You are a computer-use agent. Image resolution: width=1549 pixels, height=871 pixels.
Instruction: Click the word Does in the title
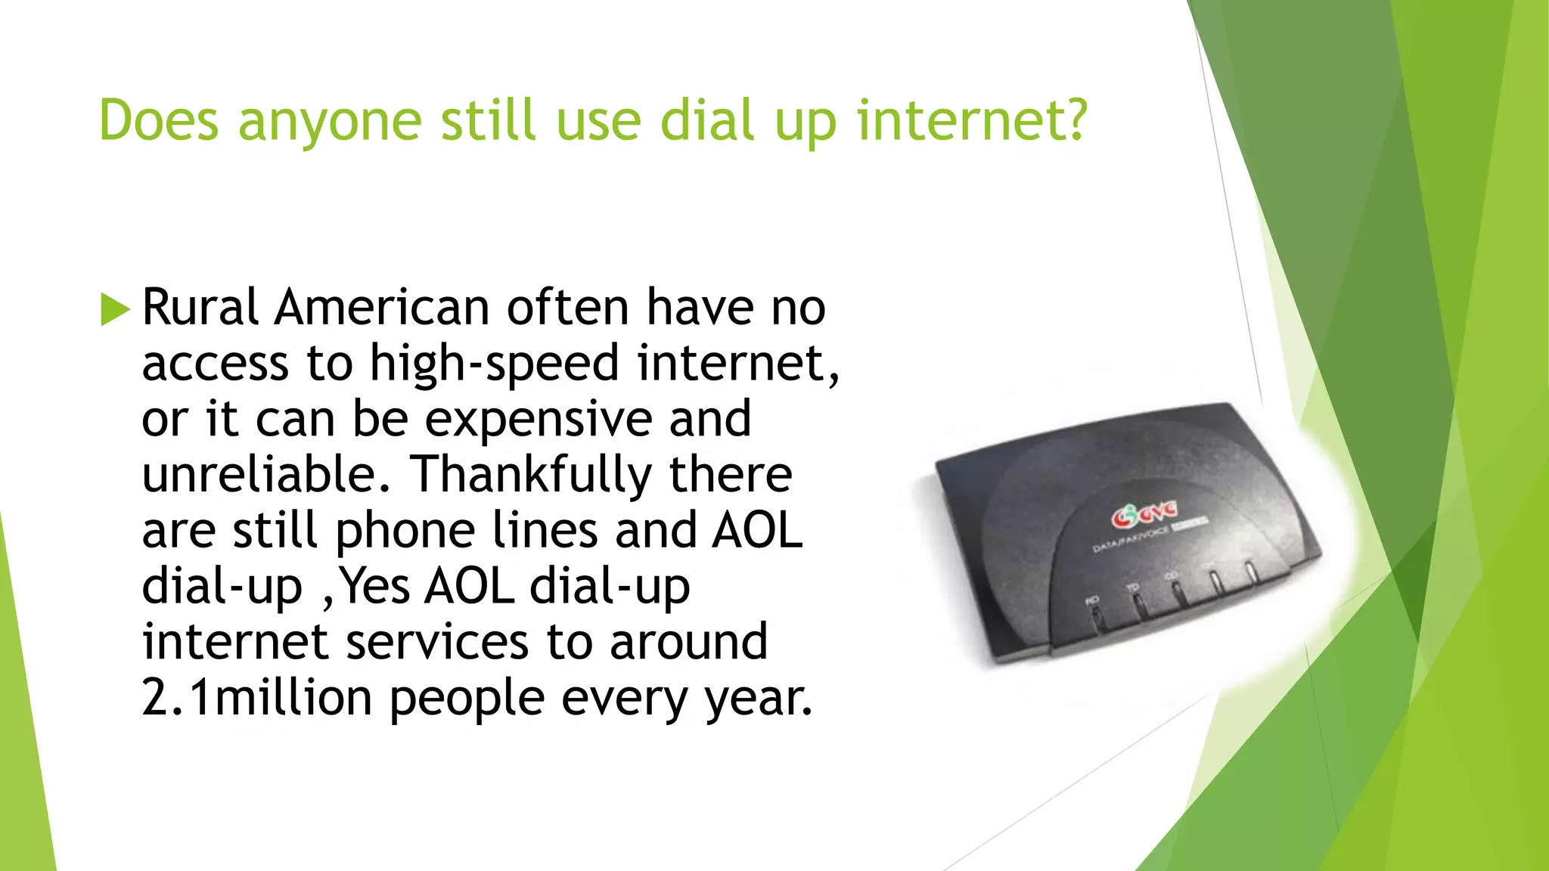[x=159, y=120]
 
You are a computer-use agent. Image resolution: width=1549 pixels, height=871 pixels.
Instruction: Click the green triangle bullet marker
[x=115, y=309]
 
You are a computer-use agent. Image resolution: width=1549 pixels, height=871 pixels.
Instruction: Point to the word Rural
[x=200, y=308]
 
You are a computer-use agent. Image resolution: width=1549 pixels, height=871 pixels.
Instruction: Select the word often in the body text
[x=567, y=308]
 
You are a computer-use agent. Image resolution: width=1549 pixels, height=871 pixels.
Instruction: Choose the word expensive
[x=538, y=420]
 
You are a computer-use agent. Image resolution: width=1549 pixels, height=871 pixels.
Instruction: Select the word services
[x=437, y=642]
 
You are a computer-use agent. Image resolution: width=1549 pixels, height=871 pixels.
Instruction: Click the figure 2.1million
[x=256, y=697]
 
